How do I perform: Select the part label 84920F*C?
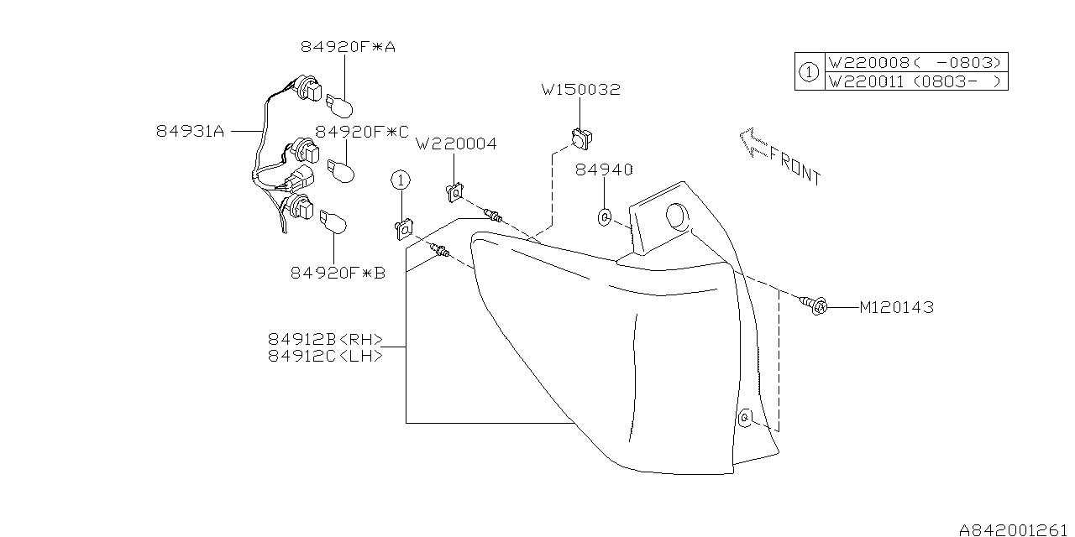[362, 132]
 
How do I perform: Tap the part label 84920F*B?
[338, 273]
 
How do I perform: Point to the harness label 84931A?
[190, 132]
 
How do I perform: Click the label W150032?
[580, 90]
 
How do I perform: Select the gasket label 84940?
[604, 170]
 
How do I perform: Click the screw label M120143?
[896, 308]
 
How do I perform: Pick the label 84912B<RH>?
[326, 340]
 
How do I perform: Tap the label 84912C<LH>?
[326, 356]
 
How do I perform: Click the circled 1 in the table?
[808, 72]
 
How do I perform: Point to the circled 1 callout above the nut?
[401, 180]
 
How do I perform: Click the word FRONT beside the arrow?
[794, 164]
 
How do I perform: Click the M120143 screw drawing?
[816, 305]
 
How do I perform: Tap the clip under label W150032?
[579, 137]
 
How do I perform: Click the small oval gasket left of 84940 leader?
[605, 218]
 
